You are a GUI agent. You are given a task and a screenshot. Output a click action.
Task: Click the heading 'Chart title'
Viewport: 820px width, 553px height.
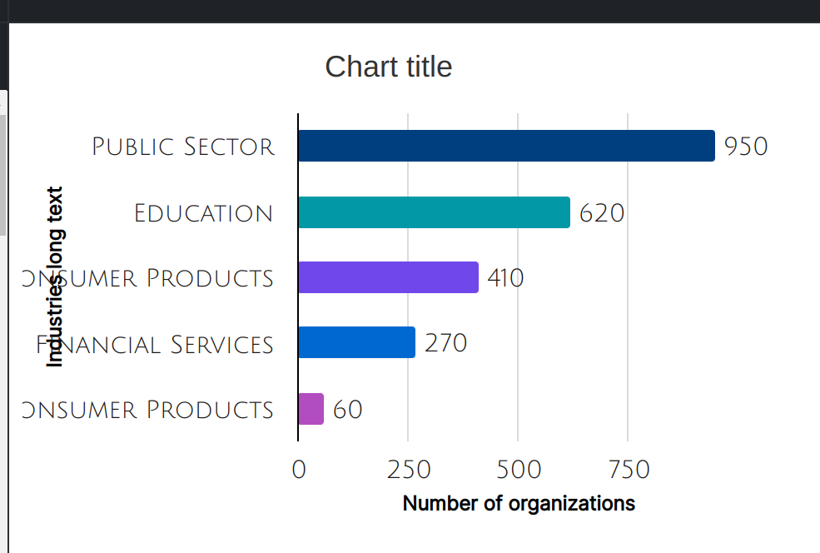(x=389, y=67)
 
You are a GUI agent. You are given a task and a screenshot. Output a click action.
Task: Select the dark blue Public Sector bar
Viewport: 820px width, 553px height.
(x=506, y=146)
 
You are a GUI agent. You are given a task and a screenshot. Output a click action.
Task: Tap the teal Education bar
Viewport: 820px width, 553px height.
(x=434, y=212)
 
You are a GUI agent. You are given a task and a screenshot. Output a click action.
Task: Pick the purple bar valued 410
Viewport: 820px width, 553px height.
(x=388, y=277)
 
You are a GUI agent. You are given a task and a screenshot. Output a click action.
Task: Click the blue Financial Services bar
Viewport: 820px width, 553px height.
(x=356, y=342)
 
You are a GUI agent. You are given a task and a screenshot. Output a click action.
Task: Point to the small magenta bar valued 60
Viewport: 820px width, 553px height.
(x=311, y=409)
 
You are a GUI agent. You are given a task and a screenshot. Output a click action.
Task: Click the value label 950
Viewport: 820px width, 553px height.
(x=746, y=147)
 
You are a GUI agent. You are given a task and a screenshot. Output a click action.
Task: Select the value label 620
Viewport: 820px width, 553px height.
(x=602, y=213)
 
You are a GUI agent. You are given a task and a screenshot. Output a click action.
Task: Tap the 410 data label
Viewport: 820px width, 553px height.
(x=505, y=278)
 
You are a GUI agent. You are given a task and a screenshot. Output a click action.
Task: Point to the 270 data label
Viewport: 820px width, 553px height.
(x=445, y=343)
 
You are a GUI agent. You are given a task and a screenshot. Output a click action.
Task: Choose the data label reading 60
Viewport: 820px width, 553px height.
(x=348, y=410)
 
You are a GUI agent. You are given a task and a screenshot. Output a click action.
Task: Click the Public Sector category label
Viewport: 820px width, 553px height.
(x=183, y=147)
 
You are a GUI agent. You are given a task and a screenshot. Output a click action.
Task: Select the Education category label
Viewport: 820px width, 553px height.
(x=204, y=213)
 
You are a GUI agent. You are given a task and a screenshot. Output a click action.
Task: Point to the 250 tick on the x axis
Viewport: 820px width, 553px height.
(x=408, y=470)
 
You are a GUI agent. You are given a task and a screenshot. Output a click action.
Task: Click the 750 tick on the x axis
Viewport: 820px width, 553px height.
(x=629, y=470)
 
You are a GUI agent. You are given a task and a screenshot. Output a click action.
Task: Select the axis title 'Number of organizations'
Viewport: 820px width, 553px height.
(x=519, y=504)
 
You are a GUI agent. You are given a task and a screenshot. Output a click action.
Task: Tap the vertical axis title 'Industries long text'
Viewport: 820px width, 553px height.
(x=55, y=276)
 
